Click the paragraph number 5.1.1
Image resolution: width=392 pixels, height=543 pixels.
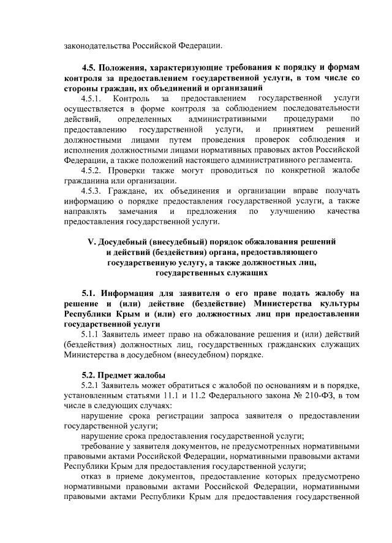[x=93, y=334]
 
